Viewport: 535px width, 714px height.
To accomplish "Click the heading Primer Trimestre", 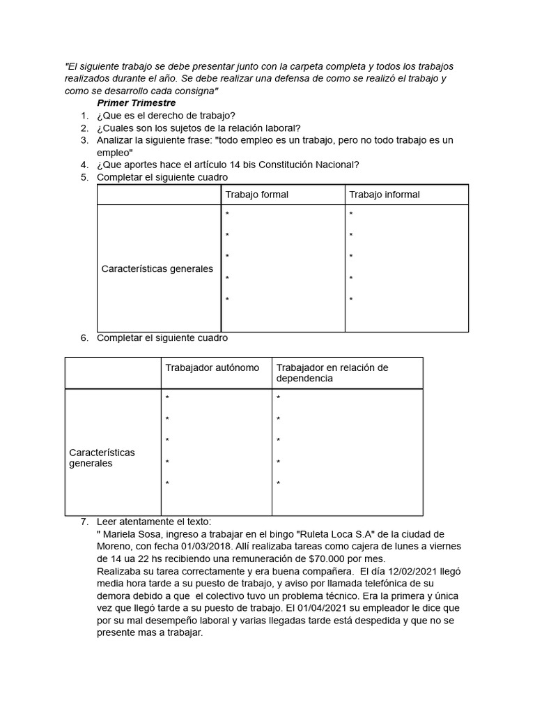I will tap(136, 102).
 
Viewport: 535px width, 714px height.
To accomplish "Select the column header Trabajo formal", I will tap(256, 195).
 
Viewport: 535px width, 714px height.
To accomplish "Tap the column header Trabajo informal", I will tap(384, 195).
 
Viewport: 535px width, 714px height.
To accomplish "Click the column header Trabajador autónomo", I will tap(212, 367).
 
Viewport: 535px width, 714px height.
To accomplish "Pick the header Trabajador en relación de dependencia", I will tap(332, 373).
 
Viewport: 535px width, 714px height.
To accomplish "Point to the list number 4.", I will tap(84, 165).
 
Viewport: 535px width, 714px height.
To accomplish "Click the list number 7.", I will tap(84, 522).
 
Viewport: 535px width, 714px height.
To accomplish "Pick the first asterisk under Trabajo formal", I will tap(227, 214).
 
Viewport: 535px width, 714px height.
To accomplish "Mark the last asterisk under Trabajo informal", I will tap(351, 300).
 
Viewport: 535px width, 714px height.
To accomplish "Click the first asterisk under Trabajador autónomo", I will tap(167, 398).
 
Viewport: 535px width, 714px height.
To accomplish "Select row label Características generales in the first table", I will tap(157, 268).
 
